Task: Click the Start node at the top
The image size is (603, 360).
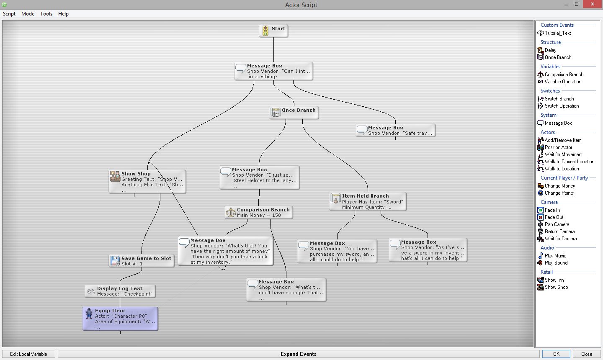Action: [273, 31]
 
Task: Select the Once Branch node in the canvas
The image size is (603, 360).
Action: [294, 113]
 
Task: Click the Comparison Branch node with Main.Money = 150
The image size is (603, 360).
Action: [259, 212]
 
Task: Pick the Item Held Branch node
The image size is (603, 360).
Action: [368, 201]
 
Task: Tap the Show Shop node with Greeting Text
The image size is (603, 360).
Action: [147, 182]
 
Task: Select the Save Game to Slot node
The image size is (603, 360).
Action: [142, 261]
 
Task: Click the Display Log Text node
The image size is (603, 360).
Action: [120, 291]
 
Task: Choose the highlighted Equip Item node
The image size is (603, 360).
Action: [120, 319]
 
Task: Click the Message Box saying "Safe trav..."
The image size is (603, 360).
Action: [395, 131]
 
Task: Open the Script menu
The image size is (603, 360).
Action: [9, 14]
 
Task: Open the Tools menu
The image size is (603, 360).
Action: [46, 14]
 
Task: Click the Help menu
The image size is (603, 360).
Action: [63, 14]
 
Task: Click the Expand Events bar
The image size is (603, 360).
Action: [298, 354]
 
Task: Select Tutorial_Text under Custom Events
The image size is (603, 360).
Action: [554, 33]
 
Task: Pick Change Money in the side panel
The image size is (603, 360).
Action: [557, 186]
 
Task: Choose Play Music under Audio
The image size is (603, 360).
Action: [552, 256]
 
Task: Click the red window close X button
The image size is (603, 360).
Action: [593, 4]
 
